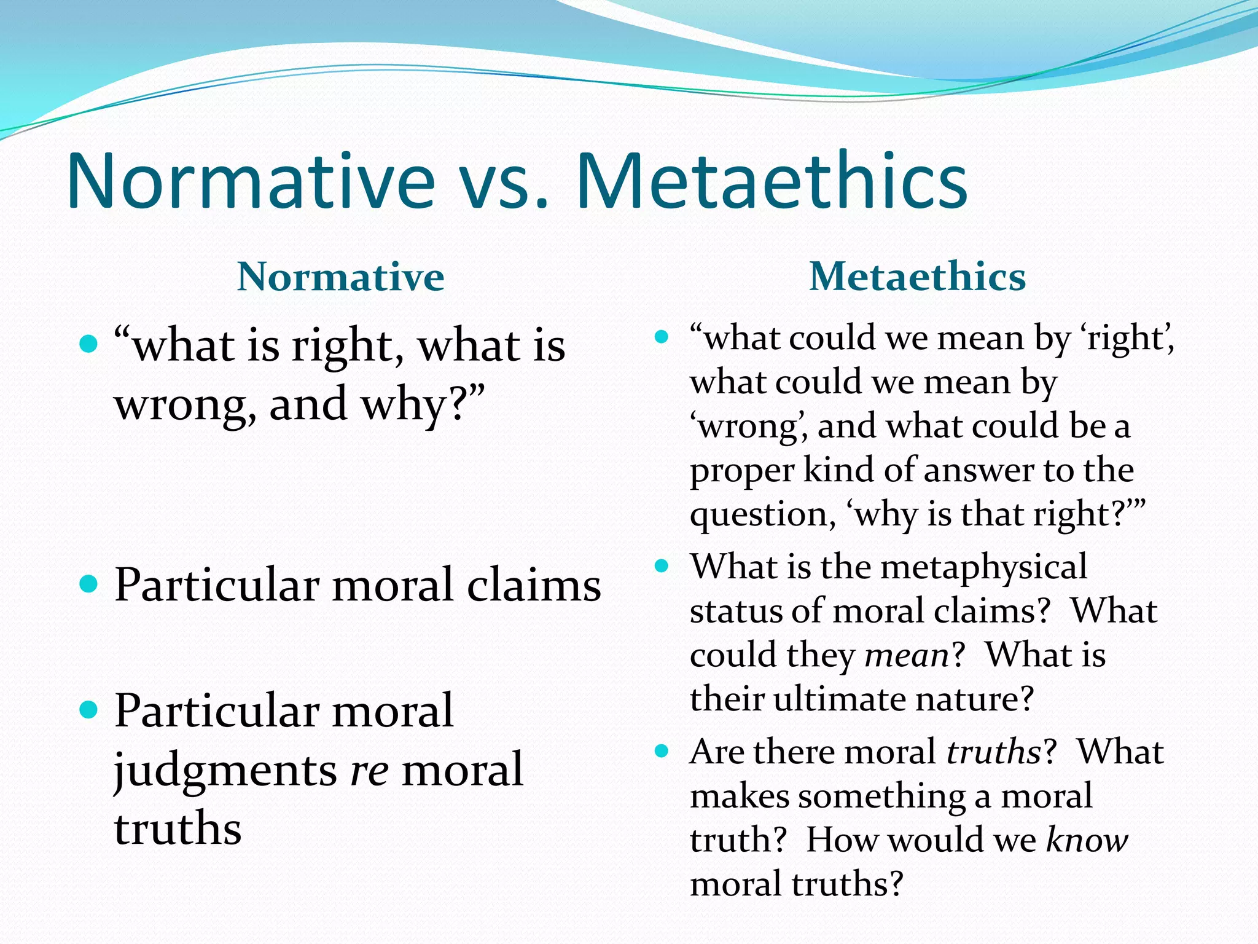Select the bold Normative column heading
(x=340, y=277)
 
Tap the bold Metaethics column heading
(x=917, y=277)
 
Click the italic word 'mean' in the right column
(x=907, y=656)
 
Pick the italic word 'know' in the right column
(x=1087, y=840)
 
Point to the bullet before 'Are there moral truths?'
(x=662, y=750)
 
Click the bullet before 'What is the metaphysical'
(x=662, y=565)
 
